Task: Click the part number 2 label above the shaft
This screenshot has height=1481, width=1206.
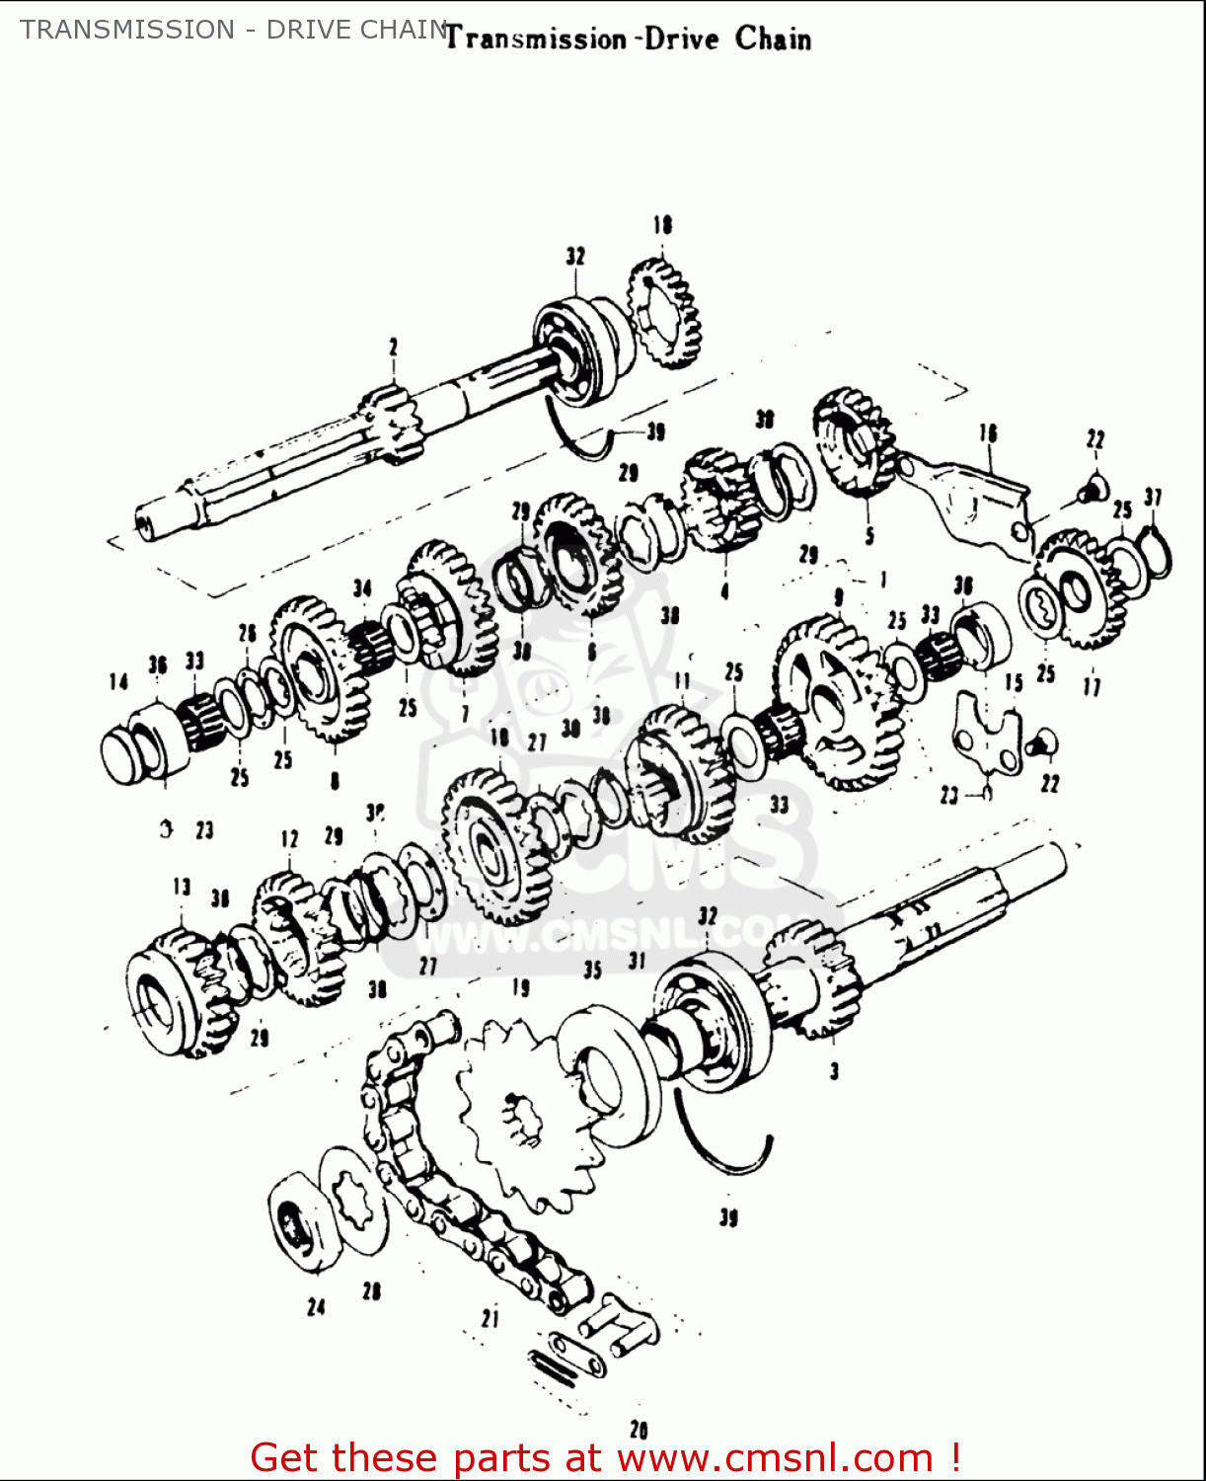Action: (393, 347)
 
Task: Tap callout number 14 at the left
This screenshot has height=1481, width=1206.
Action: (118, 681)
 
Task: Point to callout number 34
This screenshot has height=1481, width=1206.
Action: (362, 589)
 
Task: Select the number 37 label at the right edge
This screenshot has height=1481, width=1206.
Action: (1153, 498)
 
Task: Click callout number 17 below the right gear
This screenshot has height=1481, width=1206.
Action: (1092, 685)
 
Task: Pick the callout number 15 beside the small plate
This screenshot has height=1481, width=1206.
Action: (1014, 682)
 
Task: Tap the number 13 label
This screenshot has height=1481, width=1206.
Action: (182, 887)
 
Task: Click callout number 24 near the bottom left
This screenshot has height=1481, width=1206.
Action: (316, 1307)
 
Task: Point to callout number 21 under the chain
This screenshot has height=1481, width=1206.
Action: (490, 1317)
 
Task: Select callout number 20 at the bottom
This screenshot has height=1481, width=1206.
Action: (639, 1429)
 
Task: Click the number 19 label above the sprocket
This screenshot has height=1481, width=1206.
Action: (520, 987)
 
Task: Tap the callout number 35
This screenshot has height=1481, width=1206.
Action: (592, 970)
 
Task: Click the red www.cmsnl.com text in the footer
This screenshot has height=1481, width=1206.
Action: (775, 1457)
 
